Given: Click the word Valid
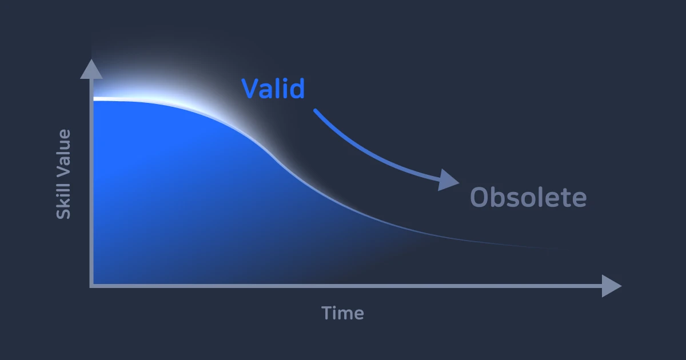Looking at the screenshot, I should [273, 89].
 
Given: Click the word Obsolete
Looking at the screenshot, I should [528, 198].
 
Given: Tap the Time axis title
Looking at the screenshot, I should [342, 313].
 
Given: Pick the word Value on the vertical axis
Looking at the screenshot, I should [63, 150].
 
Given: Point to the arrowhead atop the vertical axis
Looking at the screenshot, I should [91, 69].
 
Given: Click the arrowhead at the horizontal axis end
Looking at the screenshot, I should [611, 286].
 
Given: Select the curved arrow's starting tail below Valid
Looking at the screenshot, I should [316, 111].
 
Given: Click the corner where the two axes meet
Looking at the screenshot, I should [91, 285].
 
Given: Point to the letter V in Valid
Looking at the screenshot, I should [251, 89].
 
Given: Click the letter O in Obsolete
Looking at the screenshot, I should [479, 198].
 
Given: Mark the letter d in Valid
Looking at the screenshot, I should [296, 89].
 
